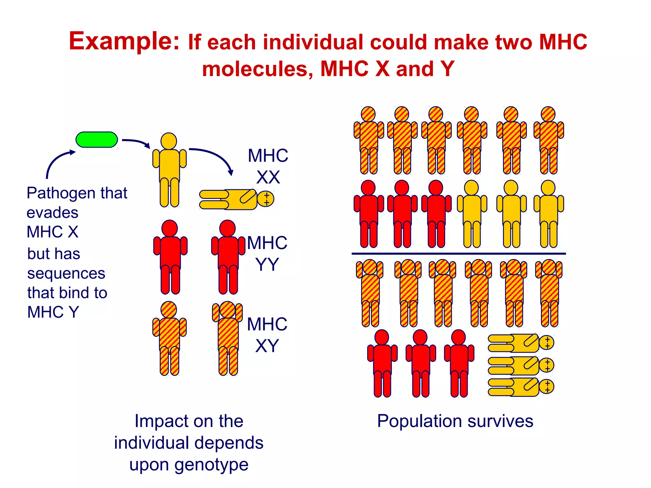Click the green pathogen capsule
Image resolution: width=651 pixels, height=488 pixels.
[97, 140]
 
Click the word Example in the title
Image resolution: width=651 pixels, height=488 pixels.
[124, 41]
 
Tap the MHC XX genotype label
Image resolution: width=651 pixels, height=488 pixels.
[268, 166]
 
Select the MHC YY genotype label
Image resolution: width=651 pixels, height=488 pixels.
[267, 253]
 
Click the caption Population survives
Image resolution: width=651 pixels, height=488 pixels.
[455, 421]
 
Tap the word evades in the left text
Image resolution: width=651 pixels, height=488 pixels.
[52, 213]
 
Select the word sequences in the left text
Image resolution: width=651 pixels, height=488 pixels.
[66, 273]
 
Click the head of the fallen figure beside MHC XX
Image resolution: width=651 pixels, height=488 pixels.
[266, 199]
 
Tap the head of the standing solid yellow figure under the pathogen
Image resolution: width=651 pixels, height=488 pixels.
[169, 141]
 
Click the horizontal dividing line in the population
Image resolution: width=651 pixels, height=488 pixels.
[458, 254]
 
